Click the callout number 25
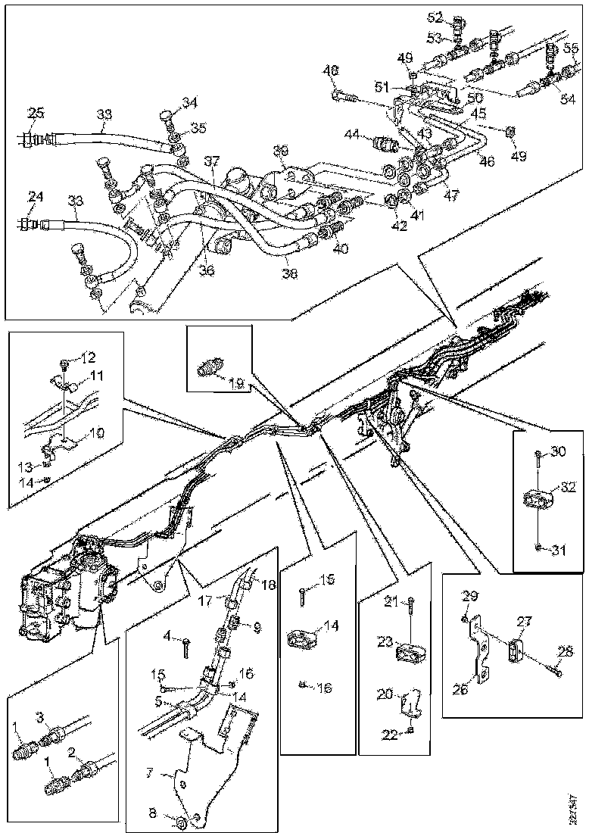pos(36,114)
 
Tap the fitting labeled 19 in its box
pos(210,367)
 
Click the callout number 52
pos(456,16)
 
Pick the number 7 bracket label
pos(151,775)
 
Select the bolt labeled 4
pos(186,646)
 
